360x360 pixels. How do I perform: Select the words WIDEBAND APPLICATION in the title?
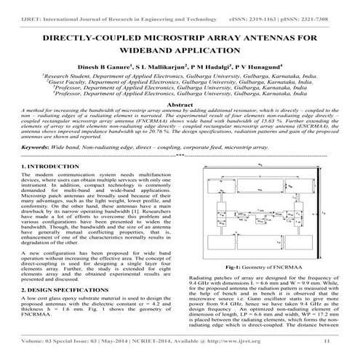[x=180, y=50]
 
